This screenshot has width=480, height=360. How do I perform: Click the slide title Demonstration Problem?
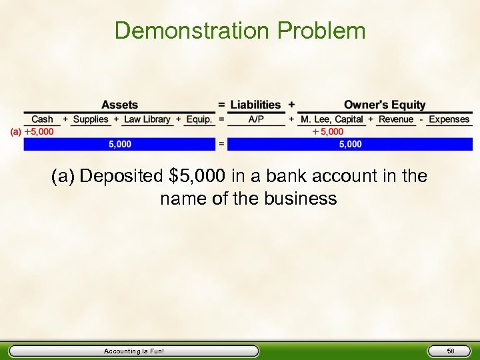point(240,31)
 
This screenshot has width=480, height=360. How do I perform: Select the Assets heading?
point(119,105)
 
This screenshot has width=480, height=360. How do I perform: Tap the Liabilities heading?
point(255,105)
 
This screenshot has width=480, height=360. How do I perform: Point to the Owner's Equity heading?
point(384,105)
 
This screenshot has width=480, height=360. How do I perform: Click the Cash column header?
point(42,119)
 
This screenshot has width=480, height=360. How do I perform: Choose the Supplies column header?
point(91,119)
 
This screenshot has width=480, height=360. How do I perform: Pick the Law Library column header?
point(147,119)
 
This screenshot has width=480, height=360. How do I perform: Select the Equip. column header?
point(199,119)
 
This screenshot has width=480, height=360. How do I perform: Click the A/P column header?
point(256,119)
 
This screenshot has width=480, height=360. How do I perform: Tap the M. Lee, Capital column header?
point(331,119)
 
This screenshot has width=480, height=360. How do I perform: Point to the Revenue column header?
point(396,119)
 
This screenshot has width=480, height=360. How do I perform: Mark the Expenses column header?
point(449,119)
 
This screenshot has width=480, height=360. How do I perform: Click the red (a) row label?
point(15,132)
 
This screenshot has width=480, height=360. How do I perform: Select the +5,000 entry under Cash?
point(39,132)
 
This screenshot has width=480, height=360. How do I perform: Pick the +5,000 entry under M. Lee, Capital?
point(329,132)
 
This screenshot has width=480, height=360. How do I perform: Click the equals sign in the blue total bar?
point(221,144)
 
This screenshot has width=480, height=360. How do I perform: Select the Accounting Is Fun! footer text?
point(134,351)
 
